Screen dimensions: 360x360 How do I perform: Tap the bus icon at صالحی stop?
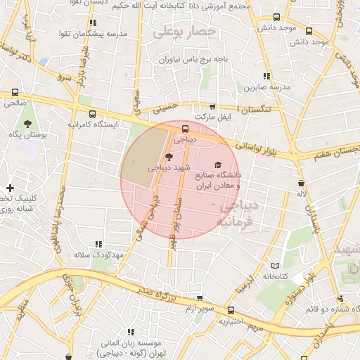coord(15,93)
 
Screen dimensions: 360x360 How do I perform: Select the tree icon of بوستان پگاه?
coord(27,124)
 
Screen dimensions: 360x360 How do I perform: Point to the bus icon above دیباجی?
coord(185,129)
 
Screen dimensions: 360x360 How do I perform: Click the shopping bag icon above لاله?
coord(301,183)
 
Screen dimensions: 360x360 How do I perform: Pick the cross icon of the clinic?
coord(10,188)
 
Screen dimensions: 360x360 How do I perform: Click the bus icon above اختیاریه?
coord(231,311)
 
